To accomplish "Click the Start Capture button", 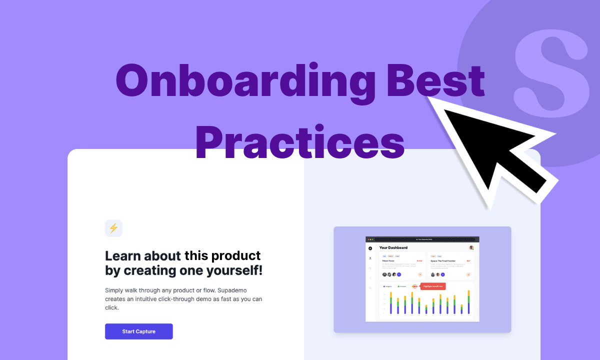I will click(138, 331).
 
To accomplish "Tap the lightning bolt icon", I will click(113, 228).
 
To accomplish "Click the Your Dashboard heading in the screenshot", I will click(393, 247).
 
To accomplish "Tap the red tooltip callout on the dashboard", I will click(432, 286).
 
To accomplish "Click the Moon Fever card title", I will click(388, 261).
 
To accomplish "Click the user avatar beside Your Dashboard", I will click(471, 247).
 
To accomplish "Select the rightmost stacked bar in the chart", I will click(468, 302).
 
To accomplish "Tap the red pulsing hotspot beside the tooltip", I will click(414, 286).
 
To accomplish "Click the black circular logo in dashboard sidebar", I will click(370, 248).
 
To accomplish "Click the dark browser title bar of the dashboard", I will click(422, 239).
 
